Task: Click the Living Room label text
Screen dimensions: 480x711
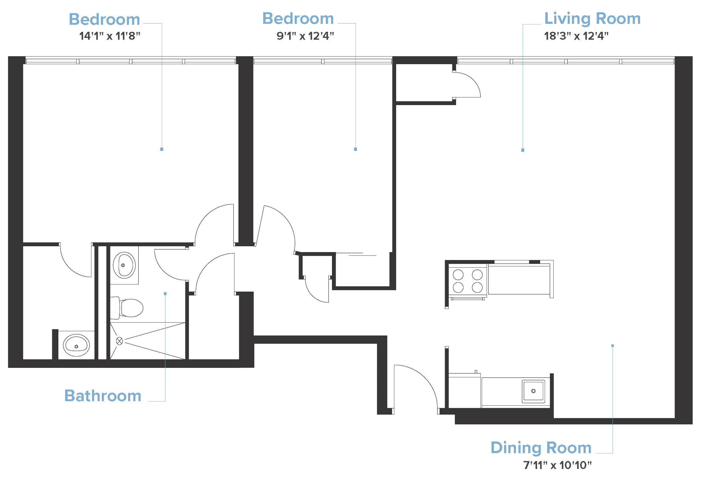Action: (x=592, y=19)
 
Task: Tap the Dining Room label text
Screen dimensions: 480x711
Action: (x=541, y=448)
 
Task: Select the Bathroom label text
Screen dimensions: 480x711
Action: (x=103, y=396)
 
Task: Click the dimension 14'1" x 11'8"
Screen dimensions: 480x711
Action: (x=109, y=36)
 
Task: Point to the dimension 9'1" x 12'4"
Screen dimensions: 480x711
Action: (x=305, y=36)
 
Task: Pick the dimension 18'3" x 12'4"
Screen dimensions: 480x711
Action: (x=576, y=36)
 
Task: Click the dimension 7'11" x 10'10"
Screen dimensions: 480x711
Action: (x=557, y=465)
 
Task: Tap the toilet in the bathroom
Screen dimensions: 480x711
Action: (x=130, y=308)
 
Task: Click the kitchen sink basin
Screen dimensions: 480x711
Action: (x=533, y=391)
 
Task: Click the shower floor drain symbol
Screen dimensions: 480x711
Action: (x=120, y=341)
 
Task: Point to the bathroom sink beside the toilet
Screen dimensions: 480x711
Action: (x=124, y=265)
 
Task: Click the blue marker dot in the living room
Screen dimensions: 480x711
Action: (x=522, y=150)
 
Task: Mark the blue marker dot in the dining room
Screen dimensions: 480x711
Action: (x=613, y=346)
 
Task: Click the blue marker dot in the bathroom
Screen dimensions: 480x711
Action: (x=165, y=294)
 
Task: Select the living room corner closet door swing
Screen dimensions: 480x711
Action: (x=466, y=85)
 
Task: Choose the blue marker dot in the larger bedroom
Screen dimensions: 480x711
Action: (x=161, y=149)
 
